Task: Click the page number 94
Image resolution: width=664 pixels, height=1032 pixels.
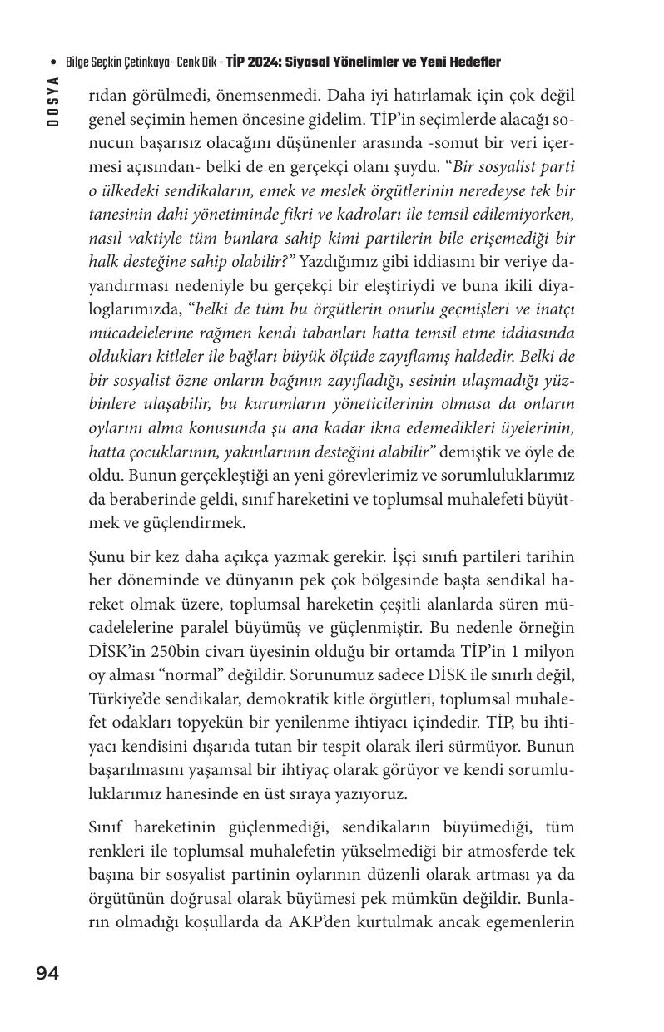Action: point(47,974)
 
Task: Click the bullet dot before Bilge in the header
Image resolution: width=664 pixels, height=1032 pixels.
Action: point(54,63)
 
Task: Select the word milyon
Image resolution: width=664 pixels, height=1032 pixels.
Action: point(546,651)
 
